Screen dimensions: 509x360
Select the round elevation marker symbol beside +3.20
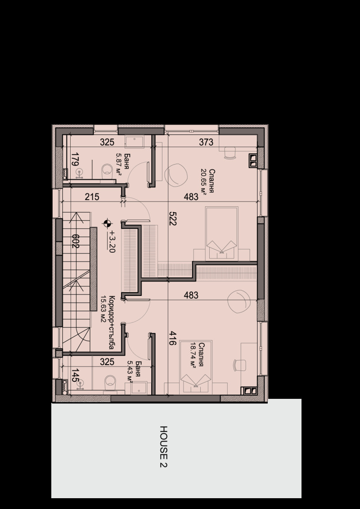(x=107, y=222)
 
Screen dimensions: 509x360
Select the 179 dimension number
(x=75, y=160)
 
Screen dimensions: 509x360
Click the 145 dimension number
(x=75, y=375)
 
